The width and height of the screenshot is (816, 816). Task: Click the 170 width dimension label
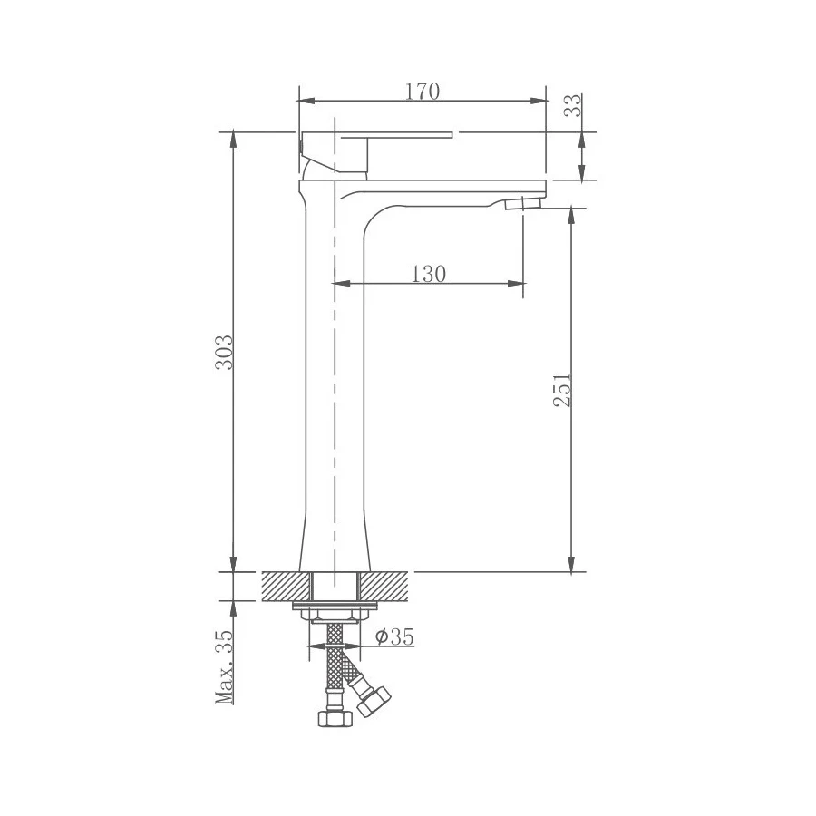pos(423,91)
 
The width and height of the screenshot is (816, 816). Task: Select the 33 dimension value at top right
pos(572,106)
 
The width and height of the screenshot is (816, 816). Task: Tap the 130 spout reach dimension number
pos(429,274)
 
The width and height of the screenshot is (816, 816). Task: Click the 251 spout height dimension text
pos(563,389)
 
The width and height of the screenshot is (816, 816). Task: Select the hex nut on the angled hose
pos(373,701)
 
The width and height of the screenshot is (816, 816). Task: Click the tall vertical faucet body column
pos(334,381)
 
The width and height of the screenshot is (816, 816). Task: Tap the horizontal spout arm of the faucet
pos(435,192)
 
